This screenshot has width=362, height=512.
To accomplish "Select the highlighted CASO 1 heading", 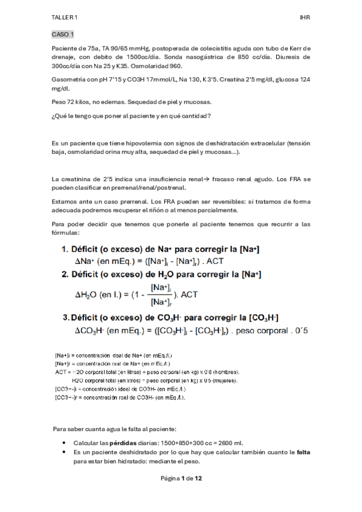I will tap(63, 34).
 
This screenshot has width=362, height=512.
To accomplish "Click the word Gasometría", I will tap(70, 79).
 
